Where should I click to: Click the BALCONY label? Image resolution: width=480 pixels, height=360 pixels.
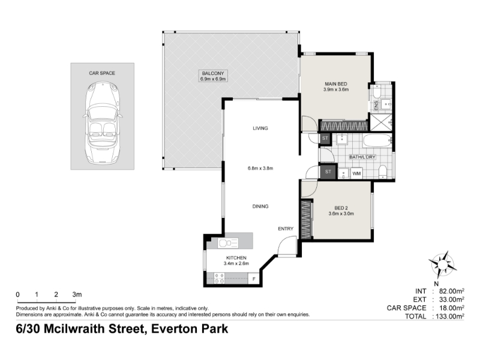(x=213, y=73)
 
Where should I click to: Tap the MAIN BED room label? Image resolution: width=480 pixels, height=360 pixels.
(x=336, y=84)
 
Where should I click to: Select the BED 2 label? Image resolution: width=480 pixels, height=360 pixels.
(x=341, y=208)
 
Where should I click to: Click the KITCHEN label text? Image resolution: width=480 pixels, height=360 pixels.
(x=236, y=258)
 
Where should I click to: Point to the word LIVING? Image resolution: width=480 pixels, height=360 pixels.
(x=260, y=128)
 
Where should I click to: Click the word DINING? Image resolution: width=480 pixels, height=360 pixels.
(x=260, y=206)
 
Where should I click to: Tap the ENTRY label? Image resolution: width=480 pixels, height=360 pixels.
(x=286, y=229)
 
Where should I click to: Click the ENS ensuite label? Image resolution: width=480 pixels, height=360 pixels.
(x=376, y=106)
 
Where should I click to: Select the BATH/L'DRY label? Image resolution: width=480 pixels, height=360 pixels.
(x=362, y=157)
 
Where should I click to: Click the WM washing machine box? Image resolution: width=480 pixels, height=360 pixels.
(x=356, y=173)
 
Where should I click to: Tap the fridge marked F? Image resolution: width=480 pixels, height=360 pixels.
(x=253, y=279)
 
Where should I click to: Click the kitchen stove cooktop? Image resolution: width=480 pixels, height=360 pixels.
(x=219, y=278)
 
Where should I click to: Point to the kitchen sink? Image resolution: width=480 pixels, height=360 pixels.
(x=228, y=243)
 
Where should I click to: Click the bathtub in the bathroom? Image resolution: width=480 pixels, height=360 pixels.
(x=377, y=141)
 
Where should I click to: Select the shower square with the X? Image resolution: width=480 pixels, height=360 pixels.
(x=380, y=122)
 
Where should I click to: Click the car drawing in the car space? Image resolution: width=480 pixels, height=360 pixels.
(x=102, y=122)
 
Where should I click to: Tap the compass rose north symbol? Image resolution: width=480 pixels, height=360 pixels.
(x=443, y=265)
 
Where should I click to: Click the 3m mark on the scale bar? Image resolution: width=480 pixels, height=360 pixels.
(x=77, y=295)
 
